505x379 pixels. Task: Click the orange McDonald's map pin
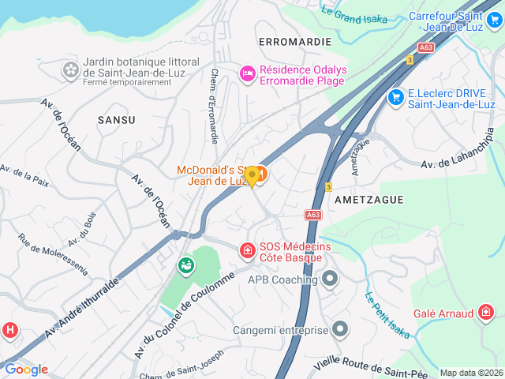[252, 176]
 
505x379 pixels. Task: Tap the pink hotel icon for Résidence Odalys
[247, 73]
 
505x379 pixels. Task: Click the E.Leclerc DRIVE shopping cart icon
[395, 96]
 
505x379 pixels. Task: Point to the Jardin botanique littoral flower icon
[71, 70]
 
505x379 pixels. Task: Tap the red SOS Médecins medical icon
[247, 251]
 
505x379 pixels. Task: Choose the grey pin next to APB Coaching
[330, 279]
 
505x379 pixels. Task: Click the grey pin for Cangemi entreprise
[340, 328]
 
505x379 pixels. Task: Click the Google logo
[26, 369]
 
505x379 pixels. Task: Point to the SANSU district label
[116, 120]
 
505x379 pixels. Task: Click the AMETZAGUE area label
[369, 200]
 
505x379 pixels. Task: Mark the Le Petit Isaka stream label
[387, 316]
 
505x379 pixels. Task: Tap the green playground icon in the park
[186, 266]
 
